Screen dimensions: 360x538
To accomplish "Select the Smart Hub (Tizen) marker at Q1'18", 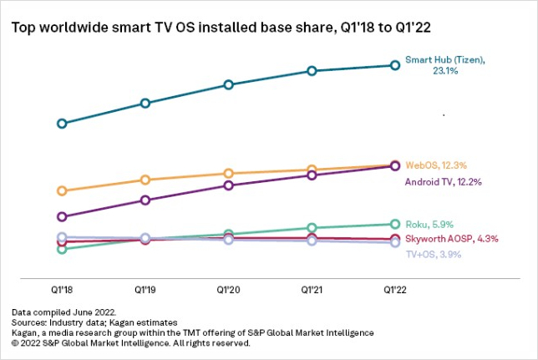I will pos(62,124).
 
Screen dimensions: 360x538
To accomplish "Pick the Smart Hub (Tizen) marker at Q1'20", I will pos(228,84).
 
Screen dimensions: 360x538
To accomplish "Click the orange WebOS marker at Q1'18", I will pos(62,190).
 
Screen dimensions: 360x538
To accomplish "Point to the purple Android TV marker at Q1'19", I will pos(145,200).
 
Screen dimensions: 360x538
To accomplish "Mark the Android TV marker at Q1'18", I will pos(62,216).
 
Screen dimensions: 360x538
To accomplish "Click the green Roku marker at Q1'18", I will pos(62,249).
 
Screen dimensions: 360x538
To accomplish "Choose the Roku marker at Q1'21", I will pos(311,227).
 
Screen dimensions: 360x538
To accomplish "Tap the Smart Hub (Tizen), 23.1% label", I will pos(444,66).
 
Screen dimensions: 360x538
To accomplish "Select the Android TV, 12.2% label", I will pos(444,181).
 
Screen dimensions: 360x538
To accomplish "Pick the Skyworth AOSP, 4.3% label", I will pos(451,238).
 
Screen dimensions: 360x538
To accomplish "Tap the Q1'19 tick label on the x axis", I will pos(145,288).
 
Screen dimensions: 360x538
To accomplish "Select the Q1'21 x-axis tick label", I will pos(311,288).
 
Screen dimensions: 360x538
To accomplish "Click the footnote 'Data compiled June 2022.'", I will pos(58,312).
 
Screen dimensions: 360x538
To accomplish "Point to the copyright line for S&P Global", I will pos(131,342).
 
